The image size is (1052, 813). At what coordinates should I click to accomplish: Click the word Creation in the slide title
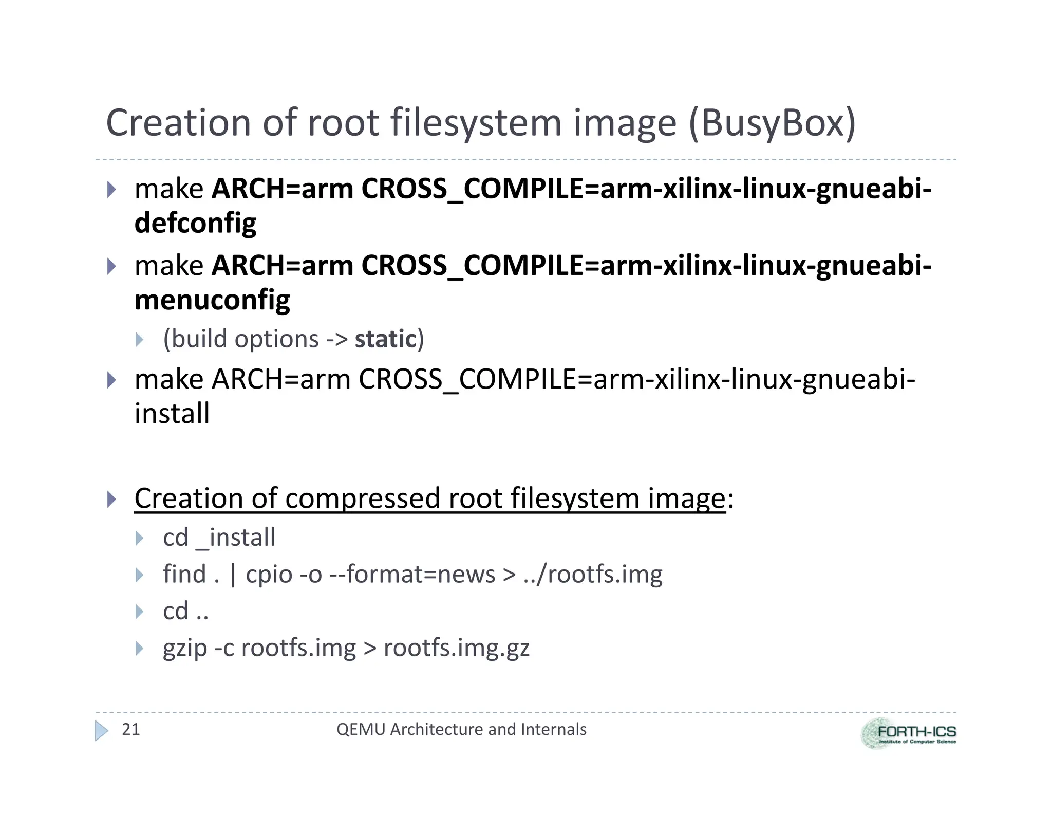point(177,123)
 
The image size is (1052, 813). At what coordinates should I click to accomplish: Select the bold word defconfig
point(195,223)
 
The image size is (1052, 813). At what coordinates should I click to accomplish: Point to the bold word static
point(385,339)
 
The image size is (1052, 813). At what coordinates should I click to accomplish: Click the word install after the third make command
point(172,414)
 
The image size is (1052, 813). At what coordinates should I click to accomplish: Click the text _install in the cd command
point(236,538)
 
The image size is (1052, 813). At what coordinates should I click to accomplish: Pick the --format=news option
point(412,574)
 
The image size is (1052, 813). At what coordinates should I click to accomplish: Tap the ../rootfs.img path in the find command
point(593,574)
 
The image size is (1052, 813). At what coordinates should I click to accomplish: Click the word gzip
point(185,649)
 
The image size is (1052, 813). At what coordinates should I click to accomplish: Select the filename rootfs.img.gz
point(456,648)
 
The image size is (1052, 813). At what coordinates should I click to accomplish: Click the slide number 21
point(130,729)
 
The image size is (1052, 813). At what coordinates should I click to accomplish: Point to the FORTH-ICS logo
point(908,733)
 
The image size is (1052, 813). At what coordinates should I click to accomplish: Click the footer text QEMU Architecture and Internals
point(461,729)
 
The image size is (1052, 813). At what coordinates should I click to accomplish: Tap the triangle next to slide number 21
point(102,730)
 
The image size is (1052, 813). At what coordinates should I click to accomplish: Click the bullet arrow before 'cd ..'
point(139,612)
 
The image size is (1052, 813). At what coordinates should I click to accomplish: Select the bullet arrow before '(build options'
point(139,339)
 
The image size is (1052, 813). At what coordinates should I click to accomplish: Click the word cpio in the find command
point(269,574)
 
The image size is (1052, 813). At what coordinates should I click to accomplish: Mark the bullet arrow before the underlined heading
point(111,499)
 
